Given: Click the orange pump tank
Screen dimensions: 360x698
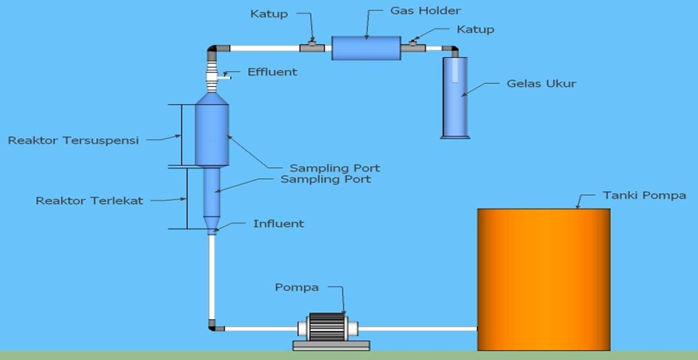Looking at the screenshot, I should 543,279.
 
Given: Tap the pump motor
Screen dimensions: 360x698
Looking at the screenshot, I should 327,327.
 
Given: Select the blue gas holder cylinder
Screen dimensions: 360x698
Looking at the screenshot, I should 366,48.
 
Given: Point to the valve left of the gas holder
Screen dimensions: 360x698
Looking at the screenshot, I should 312,47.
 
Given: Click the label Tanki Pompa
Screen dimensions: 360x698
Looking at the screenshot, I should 644,195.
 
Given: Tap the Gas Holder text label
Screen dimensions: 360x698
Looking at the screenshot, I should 425,10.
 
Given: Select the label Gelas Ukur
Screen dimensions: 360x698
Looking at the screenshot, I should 541,84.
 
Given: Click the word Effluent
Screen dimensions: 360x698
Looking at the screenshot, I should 272,72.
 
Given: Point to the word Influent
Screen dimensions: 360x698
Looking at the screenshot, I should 278,224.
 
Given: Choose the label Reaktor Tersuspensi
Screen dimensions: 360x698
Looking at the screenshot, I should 73,140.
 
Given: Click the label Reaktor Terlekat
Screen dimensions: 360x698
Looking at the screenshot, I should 89,201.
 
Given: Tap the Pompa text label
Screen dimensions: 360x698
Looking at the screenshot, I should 297,287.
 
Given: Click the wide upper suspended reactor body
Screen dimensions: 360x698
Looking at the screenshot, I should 212,134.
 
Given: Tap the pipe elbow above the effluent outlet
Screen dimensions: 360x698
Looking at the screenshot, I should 213,50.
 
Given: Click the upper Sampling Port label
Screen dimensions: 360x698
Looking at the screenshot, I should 335,168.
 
